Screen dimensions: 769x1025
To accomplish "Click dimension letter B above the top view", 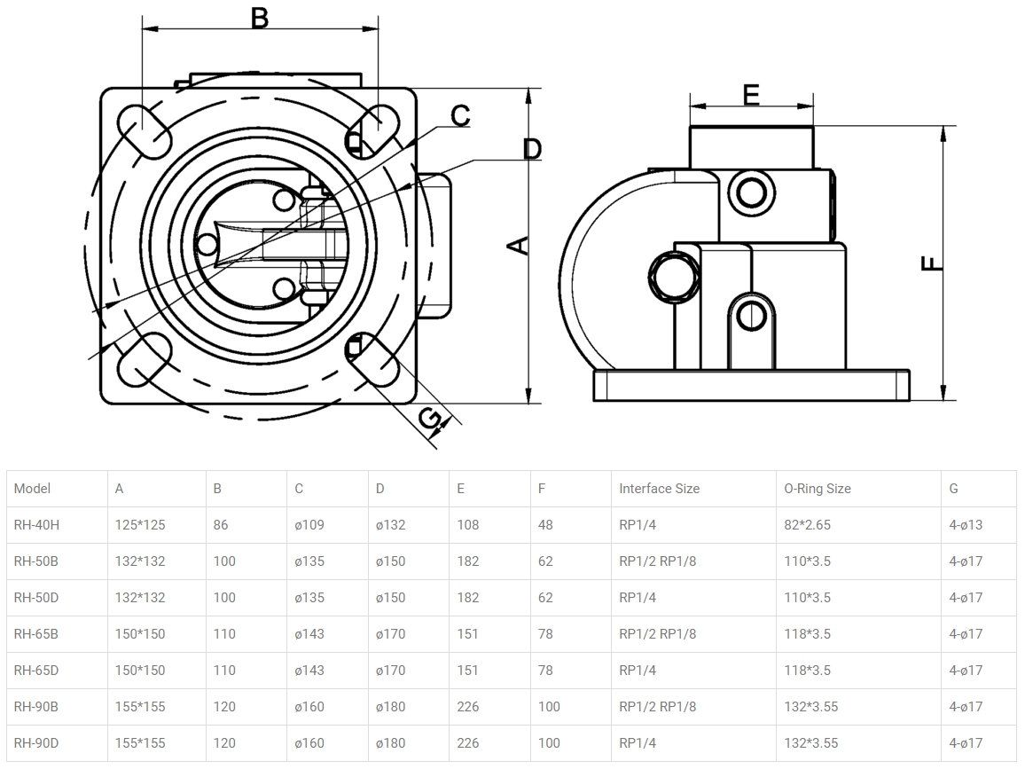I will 259,17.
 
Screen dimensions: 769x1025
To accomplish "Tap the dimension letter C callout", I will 460,115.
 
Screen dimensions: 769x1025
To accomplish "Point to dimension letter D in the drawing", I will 531,148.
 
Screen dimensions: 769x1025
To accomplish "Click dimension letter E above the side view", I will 751,94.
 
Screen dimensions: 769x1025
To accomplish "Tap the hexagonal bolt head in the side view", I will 676,276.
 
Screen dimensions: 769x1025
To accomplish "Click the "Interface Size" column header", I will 659,489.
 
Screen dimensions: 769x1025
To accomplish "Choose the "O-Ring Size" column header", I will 817,489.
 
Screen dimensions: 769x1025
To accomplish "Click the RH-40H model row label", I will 37,525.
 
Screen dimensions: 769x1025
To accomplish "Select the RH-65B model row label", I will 36,634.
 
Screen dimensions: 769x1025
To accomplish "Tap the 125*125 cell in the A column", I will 140,525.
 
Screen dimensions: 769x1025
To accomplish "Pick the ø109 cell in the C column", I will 309,525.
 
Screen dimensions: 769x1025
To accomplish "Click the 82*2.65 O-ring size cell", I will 807,525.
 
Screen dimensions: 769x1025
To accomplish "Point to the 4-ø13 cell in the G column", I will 966,525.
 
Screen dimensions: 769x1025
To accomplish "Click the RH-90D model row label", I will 37,743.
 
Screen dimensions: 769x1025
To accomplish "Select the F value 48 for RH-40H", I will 545,525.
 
